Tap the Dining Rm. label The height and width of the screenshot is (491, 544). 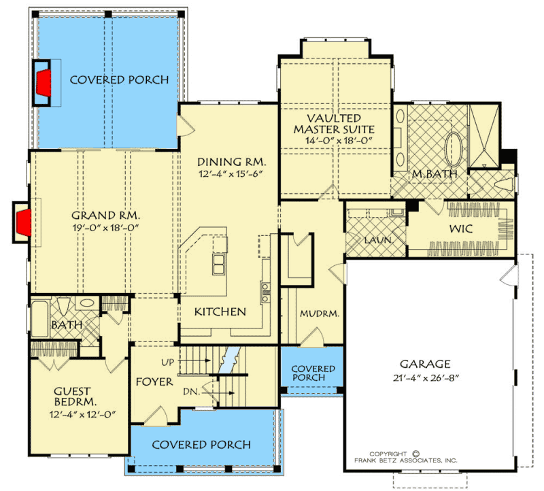(231, 163)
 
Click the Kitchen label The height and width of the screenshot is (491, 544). (220, 312)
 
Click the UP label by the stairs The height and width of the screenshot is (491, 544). (169, 360)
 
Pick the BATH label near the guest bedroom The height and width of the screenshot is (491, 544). (67, 326)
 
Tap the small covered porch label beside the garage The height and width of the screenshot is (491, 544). (313, 373)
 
